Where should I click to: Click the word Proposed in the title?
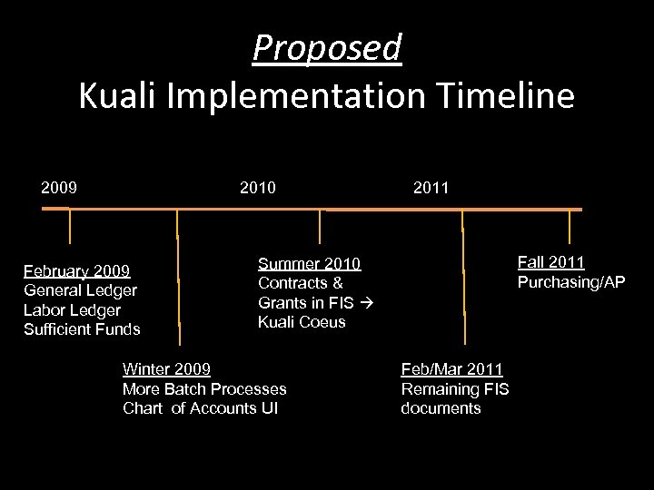pyautogui.click(x=326, y=47)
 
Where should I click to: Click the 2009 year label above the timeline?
pyautogui.click(x=59, y=188)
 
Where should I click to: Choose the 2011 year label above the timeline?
pyautogui.click(x=431, y=188)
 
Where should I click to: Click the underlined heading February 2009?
pyautogui.click(x=77, y=270)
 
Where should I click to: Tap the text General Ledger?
pyautogui.click(x=80, y=290)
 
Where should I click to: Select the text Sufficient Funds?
pyautogui.click(x=82, y=328)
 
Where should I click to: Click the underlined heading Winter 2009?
pyautogui.click(x=166, y=368)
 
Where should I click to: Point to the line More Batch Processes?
pyautogui.click(x=204, y=388)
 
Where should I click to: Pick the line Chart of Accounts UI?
pyautogui.click(x=201, y=408)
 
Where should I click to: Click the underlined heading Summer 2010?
pyautogui.click(x=309, y=263)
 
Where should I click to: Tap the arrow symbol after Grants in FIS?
pyautogui.click(x=369, y=302)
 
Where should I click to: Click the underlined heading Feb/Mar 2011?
pyautogui.click(x=451, y=368)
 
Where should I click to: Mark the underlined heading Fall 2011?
pyautogui.click(x=550, y=262)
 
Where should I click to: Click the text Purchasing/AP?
pyautogui.click(x=571, y=282)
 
